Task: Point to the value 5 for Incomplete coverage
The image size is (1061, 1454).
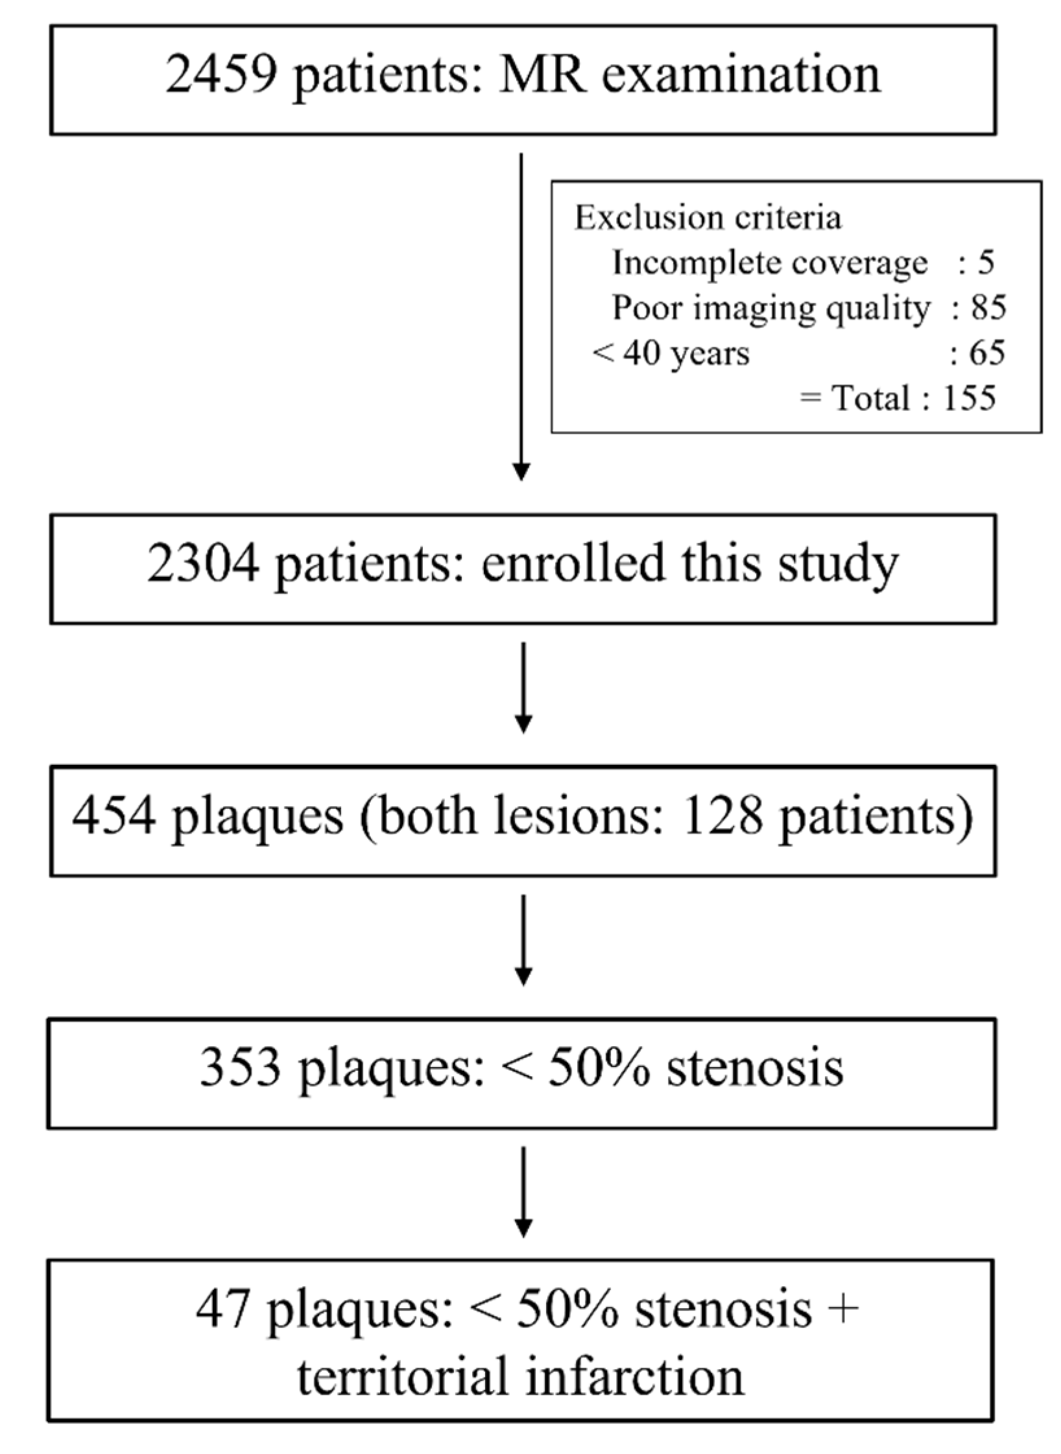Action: (x=986, y=263)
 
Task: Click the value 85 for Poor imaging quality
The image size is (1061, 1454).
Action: (x=988, y=308)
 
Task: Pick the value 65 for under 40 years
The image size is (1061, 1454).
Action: (x=987, y=353)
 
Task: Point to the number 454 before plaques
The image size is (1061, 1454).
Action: (x=114, y=816)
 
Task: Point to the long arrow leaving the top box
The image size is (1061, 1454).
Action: (x=521, y=318)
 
